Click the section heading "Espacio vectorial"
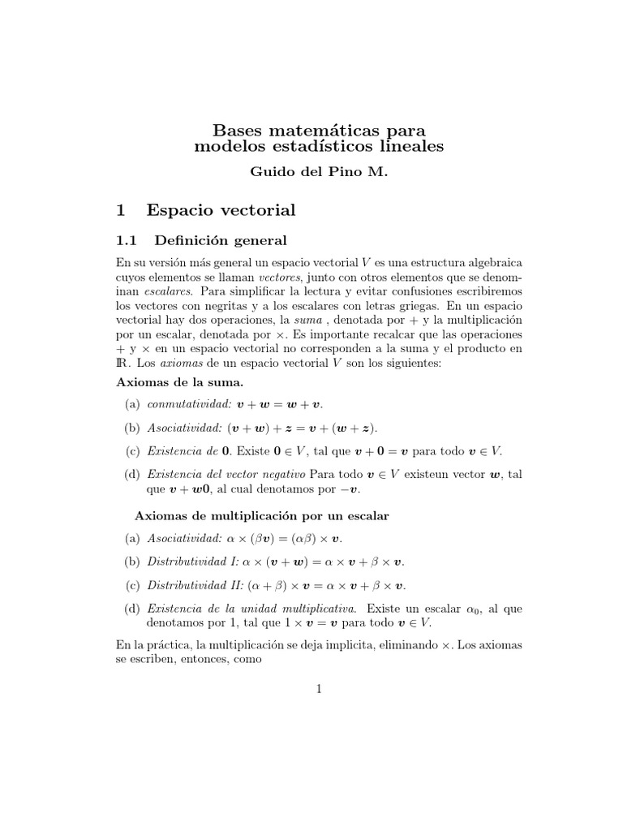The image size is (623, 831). [x=221, y=211]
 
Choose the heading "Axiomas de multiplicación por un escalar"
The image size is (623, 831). [x=261, y=515]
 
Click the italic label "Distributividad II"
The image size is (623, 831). [x=195, y=585]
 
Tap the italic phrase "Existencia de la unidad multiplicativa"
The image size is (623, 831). [x=251, y=608]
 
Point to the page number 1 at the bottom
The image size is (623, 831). [x=319, y=689]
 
